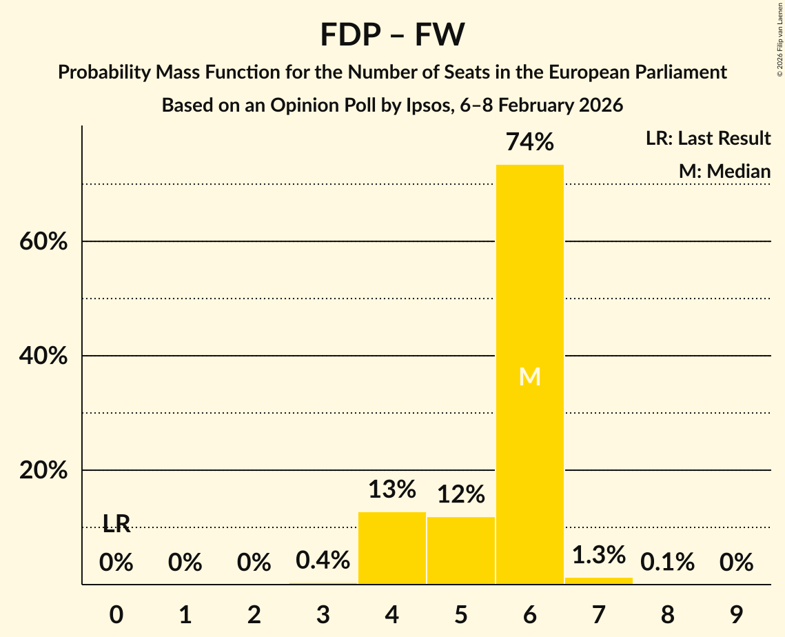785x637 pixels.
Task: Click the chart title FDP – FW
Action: (392, 34)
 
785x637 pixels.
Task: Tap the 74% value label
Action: (529, 142)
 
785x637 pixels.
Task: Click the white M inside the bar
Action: (529, 376)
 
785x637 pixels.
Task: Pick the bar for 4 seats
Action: (391, 548)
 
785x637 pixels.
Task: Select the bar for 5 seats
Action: (460, 550)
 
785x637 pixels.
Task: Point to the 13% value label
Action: (391, 489)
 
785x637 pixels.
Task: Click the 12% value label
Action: (460, 494)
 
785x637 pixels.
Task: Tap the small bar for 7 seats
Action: (598, 580)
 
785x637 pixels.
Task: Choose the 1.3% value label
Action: (598, 554)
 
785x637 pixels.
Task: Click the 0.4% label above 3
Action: (323, 560)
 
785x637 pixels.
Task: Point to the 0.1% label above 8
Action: (667, 563)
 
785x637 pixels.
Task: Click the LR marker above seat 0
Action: (116, 524)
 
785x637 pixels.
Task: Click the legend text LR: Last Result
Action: (708, 139)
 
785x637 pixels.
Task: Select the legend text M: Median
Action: (724, 171)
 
